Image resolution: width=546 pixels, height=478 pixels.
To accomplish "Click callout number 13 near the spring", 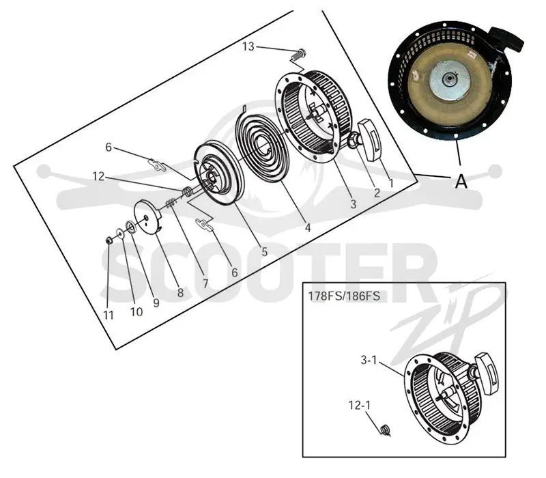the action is (248, 46).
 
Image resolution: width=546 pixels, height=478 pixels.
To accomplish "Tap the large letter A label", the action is (461, 181).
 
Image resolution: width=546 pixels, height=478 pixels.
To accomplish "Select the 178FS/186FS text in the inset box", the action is (344, 296).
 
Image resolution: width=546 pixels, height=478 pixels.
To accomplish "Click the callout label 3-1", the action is (369, 360).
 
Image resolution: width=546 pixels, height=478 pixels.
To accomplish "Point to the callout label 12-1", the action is (360, 405).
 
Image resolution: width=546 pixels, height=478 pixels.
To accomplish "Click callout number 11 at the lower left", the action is (109, 315).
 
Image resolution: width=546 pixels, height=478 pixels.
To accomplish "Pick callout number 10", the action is (136, 312).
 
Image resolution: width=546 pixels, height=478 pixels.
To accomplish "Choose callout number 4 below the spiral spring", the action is (308, 227).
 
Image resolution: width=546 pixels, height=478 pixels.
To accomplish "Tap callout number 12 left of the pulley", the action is (98, 177).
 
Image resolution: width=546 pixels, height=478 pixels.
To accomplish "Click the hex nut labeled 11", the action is (109, 240).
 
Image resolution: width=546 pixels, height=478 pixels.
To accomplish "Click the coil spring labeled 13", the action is (299, 55).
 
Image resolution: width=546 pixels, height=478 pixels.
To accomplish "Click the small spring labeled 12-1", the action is (385, 431).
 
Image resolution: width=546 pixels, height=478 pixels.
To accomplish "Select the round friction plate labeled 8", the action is (148, 218).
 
